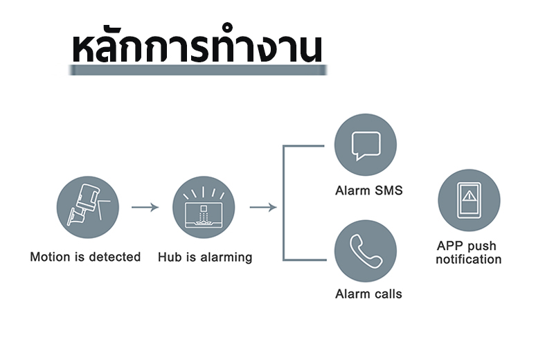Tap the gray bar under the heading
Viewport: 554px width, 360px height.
click(198, 70)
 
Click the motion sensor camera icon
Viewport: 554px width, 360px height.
click(88, 208)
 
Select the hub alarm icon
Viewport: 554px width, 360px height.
click(204, 208)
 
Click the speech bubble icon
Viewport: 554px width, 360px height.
click(366, 145)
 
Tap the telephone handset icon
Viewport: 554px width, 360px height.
click(366, 251)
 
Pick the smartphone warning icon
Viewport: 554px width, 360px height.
click(470, 200)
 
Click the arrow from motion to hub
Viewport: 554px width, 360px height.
click(145, 207)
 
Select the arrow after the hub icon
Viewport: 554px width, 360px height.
click(263, 207)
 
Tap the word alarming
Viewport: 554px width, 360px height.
click(226, 258)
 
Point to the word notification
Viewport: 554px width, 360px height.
click(469, 260)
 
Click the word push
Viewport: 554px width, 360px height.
click(482, 246)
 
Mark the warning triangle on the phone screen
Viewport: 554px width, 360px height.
click(470, 195)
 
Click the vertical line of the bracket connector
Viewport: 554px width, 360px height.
click(283, 203)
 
